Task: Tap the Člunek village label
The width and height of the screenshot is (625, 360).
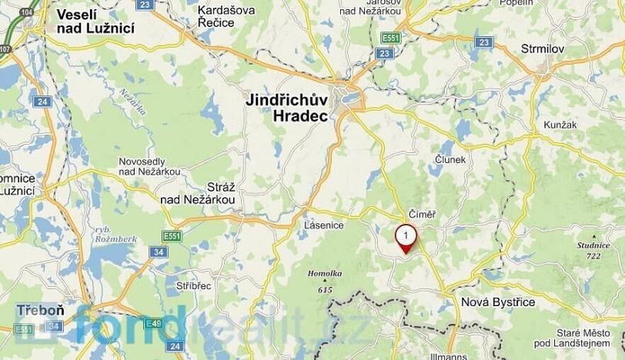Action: [x=450, y=159]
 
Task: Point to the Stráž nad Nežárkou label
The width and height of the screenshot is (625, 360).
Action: [x=197, y=193]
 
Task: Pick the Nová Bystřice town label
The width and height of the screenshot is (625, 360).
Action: [x=497, y=302]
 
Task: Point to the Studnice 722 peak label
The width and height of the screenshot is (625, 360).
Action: [x=592, y=250]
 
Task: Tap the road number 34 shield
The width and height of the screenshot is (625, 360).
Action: [x=159, y=252]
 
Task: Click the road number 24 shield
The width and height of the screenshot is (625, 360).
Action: [x=42, y=102]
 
